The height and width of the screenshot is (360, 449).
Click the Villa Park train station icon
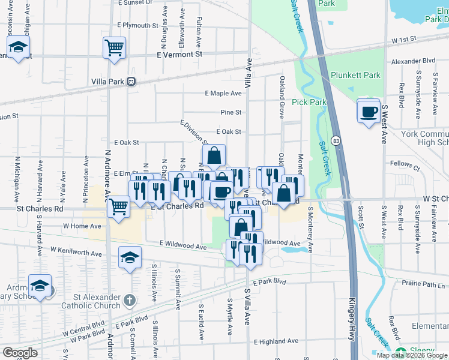pos(130,82)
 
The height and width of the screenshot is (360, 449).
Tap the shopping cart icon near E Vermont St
pos(114,47)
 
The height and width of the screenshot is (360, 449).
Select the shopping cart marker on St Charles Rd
pos(118,206)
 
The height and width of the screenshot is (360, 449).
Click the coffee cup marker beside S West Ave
pos(369,111)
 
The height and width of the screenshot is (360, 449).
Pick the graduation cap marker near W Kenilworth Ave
pos(130,258)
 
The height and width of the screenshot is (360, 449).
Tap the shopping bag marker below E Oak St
pos(214,156)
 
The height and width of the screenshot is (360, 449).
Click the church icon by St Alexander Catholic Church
pos(129,299)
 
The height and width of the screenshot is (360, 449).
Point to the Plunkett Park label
pos(355,76)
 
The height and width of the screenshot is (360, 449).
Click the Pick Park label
pos(309,102)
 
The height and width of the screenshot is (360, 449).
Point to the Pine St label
pos(231,112)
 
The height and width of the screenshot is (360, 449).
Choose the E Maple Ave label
pos(223,94)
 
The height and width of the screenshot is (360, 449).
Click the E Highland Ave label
pos(276,341)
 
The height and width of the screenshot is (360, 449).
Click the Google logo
pos(20,353)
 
